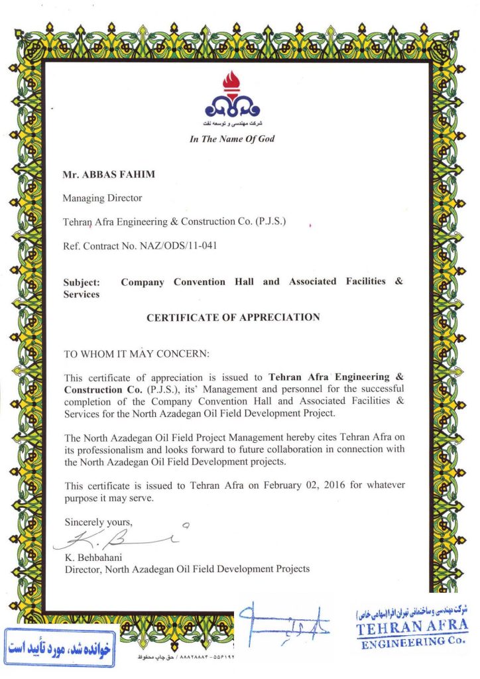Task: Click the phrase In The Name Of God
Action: coord(231,139)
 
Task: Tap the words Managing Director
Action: coord(102,198)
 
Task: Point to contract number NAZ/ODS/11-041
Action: coord(178,246)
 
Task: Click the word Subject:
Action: coord(82,282)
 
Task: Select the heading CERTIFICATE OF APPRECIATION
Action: coord(233,318)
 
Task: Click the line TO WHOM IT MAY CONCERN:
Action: coord(136,354)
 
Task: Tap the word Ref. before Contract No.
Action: coord(71,246)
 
